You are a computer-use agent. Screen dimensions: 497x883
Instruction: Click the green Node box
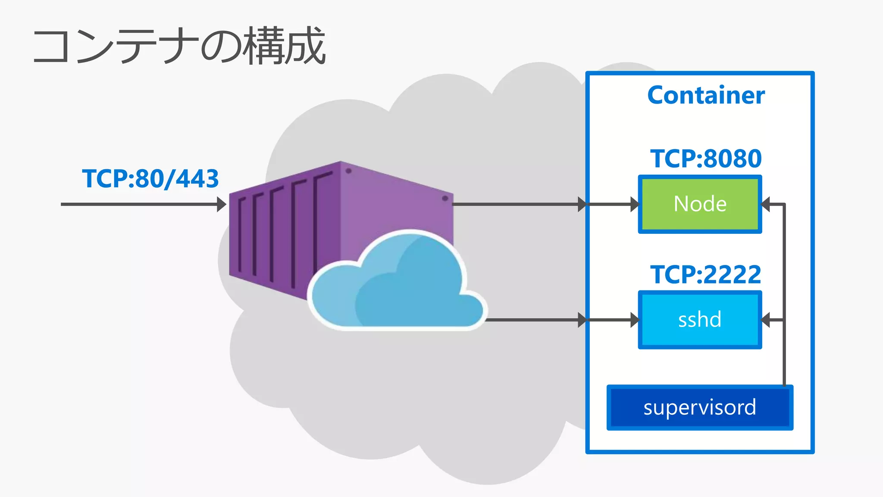point(700,204)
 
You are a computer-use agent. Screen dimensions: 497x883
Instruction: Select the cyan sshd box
point(700,320)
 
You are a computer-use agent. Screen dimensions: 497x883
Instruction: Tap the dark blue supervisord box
point(700,408)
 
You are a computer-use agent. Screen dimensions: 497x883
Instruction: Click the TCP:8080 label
point(706,158)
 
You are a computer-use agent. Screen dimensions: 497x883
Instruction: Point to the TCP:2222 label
point(706,274)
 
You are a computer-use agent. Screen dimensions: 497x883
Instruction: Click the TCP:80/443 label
point(150,179)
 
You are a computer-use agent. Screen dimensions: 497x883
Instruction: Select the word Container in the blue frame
point(706,95)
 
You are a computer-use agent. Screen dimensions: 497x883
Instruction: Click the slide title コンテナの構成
point(179,46)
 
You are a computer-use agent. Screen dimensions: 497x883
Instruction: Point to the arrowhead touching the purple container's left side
point(221,204)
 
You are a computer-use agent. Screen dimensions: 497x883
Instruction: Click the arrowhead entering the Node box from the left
point(634,204)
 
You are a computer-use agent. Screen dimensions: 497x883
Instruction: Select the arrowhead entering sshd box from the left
point(634,320)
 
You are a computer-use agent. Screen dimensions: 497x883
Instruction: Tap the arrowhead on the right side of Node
point(766,204)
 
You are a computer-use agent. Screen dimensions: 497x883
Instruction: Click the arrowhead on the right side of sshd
point(766,320)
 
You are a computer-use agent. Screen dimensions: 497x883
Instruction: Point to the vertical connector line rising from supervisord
point(784,354)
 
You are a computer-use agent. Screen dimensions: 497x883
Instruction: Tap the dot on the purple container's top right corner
point(445,198)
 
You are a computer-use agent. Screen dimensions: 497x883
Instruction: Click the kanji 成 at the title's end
point(305,46)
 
